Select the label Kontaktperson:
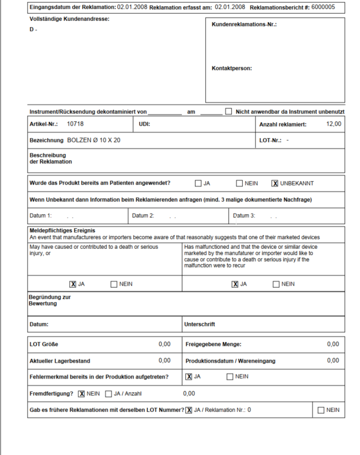(x=231, y=69)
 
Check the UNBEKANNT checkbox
(x=275, y=183)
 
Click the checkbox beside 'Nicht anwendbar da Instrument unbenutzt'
(x=229, y=112)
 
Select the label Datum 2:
(x=143, y=215)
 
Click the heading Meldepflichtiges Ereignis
(x=61, y=231)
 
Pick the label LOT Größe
(x=44, y=344)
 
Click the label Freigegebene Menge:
(x=214, y=344)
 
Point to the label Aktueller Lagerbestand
(x=60, y=360)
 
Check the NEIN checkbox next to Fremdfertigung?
(x=82, y=393)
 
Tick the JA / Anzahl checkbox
(x=109, y=393)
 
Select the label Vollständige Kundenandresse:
(x=69, y=19)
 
